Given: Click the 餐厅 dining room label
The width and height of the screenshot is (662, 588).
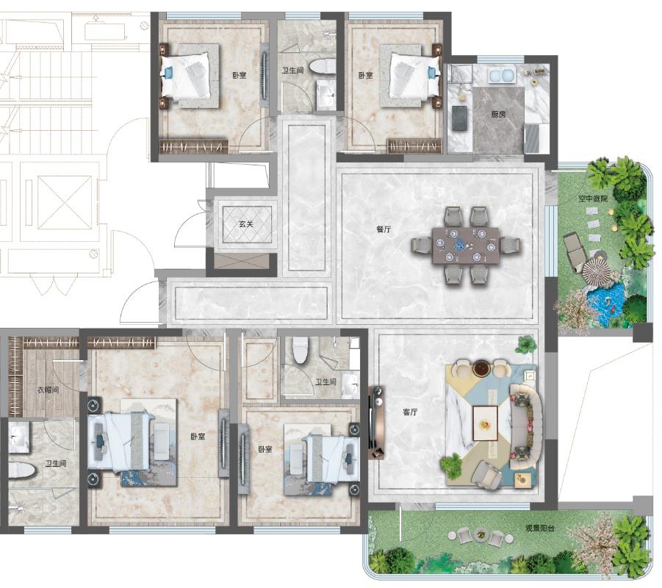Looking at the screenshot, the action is coord(384,229).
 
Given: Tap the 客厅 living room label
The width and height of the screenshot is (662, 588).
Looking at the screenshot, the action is coord(409,412).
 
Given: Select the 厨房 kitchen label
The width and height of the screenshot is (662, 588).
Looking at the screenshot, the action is coord(498,114).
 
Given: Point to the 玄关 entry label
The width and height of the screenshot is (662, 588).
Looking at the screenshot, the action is coord(245,224).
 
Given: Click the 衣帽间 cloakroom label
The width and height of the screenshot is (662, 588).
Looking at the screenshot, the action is coord(48,390).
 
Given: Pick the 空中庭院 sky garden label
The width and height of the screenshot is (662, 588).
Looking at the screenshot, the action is coord(593,198).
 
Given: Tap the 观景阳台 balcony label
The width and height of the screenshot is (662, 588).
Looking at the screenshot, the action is coord(539,528).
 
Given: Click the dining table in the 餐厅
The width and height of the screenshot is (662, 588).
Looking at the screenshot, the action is coord(466,245).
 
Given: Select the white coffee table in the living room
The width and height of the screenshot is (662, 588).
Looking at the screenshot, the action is coord(485,423).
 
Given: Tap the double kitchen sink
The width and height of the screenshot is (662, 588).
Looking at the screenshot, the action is coord(501,76).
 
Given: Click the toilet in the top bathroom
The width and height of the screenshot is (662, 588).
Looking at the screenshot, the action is coord(322,67).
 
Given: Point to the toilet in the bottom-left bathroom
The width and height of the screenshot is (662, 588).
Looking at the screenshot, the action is coord(21,470).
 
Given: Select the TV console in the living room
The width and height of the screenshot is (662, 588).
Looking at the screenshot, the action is coord(376,423).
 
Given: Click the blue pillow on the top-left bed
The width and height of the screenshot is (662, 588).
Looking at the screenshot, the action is coord(168,73).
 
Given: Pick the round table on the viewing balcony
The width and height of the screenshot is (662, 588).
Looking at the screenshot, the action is coord(481,535).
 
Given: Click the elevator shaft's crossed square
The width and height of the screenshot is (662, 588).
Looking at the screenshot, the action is coord(65,203).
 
